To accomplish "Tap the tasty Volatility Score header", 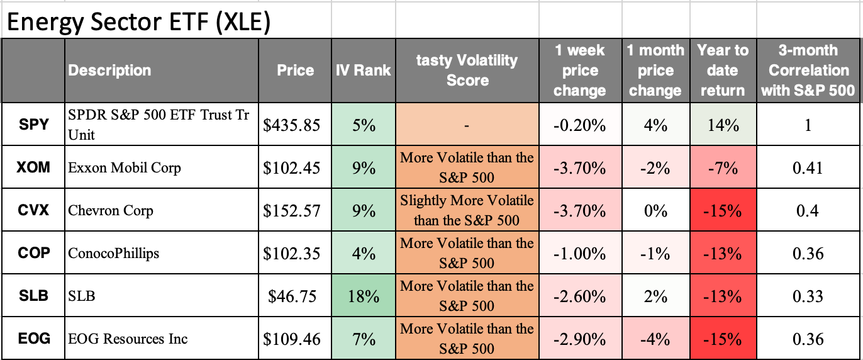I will pos(467,70).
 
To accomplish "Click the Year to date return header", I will pos(722,70).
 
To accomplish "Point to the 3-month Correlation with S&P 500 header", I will pos(808,70).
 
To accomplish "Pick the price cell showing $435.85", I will pos(291,125).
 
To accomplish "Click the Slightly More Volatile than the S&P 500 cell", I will pos(467,210).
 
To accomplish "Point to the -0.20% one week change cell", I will pos(579,125).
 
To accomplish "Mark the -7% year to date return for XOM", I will pos(722,167).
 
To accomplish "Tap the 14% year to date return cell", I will pos(722,125).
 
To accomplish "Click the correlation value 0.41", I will pos(808,167).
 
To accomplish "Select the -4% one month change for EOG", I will pos(655,339).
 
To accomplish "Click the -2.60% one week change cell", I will pos(579,296).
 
